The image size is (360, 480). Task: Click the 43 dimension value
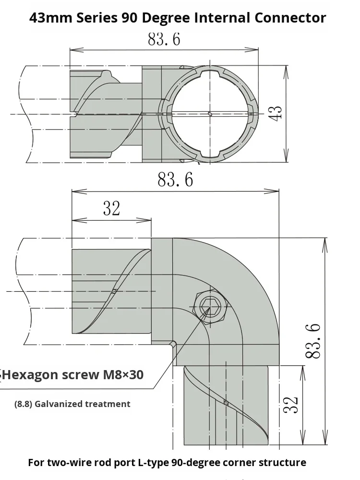point(275,113)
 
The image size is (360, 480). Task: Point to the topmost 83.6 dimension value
point(164,39)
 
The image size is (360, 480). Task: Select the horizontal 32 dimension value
point(111,209)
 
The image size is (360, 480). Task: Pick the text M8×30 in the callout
point(122,374)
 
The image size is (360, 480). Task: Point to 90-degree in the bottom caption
point(208,463)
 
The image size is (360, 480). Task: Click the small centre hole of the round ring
point(210,113)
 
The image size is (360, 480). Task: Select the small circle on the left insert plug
point(114,291)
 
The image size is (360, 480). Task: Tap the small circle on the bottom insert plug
point(226,403)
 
